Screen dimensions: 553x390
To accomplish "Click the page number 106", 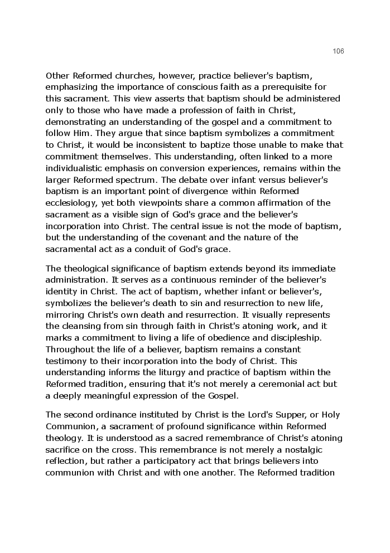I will (338, 51).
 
